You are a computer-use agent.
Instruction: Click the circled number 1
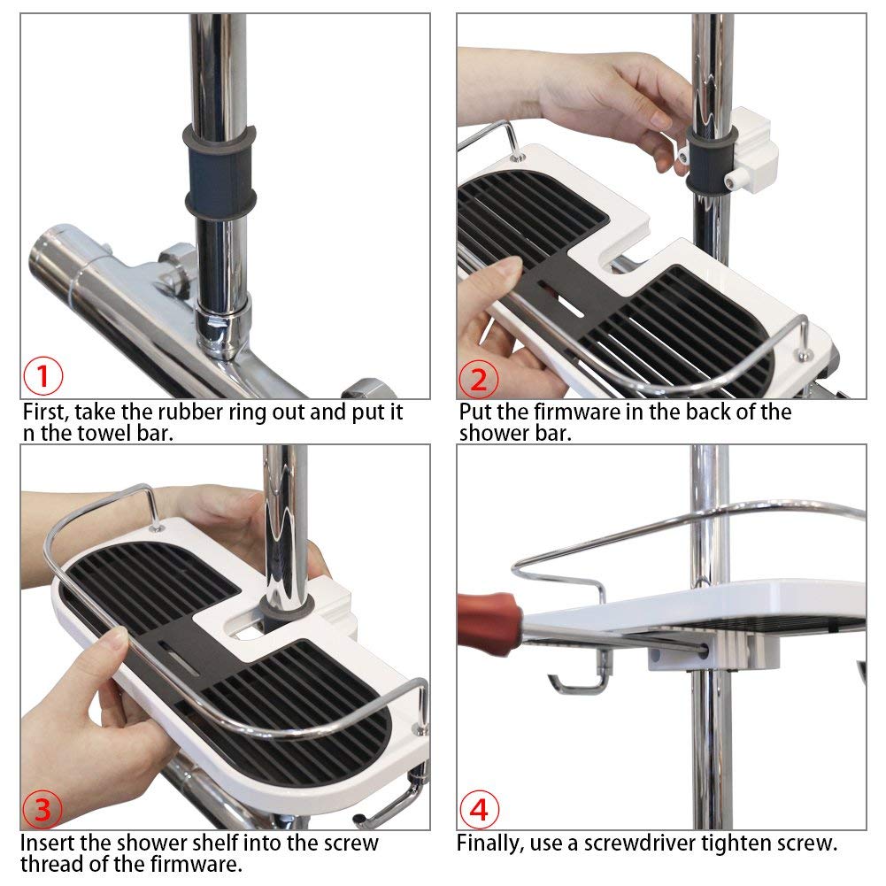point(43,376)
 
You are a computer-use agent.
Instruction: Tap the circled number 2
point(478,379)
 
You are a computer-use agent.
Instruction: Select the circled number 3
point(42,809)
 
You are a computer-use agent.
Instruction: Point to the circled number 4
point(479,810)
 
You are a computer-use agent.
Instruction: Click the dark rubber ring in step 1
point(220,173)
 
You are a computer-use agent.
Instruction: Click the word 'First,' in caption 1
point(45,412)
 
